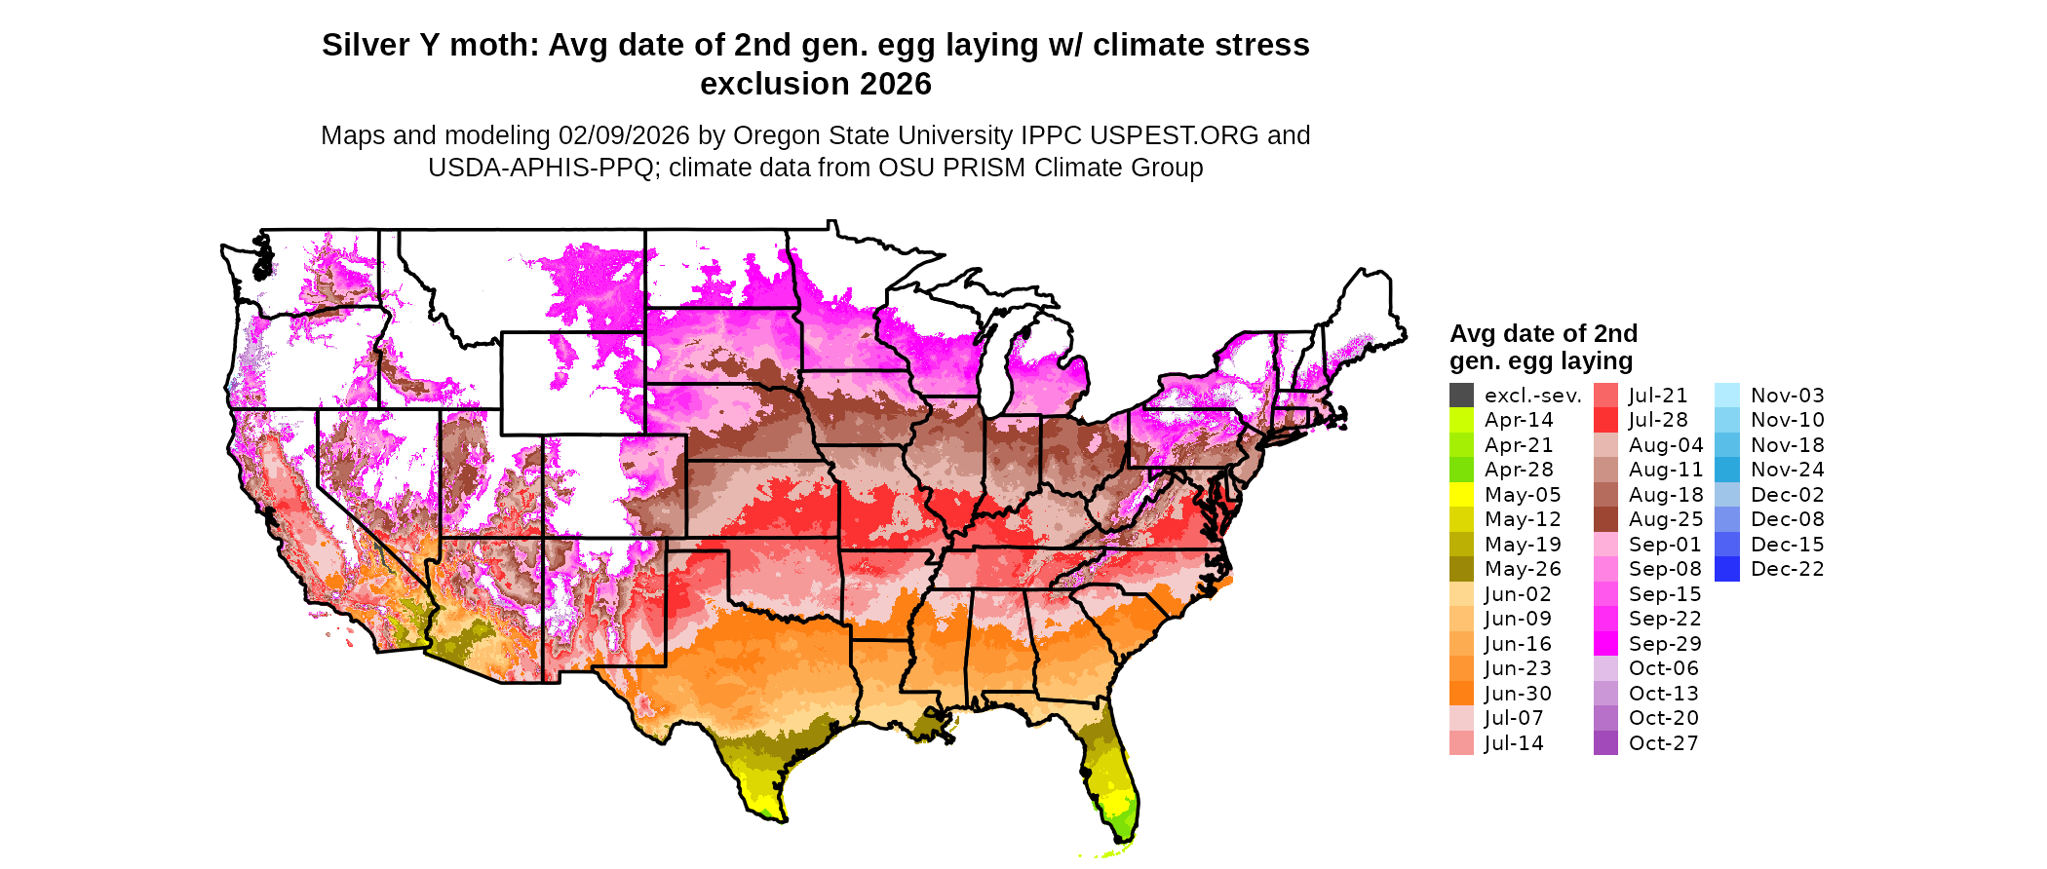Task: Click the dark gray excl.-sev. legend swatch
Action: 1461,396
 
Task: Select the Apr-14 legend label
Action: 1518,420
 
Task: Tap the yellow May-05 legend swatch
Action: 1461,495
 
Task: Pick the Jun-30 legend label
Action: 1518,694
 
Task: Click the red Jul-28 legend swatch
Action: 1605,420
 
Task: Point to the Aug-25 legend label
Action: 1666,519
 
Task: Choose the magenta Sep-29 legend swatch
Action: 1605,644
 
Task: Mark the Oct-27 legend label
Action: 1663,743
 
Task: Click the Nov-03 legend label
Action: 1787,396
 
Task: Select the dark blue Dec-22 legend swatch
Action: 1726,569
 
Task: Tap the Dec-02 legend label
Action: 1787,495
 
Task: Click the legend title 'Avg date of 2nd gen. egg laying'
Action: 1543,347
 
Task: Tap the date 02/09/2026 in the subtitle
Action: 624,135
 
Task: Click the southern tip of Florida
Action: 1121,840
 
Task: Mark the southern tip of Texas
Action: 781,819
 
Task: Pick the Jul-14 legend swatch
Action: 1461,743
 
